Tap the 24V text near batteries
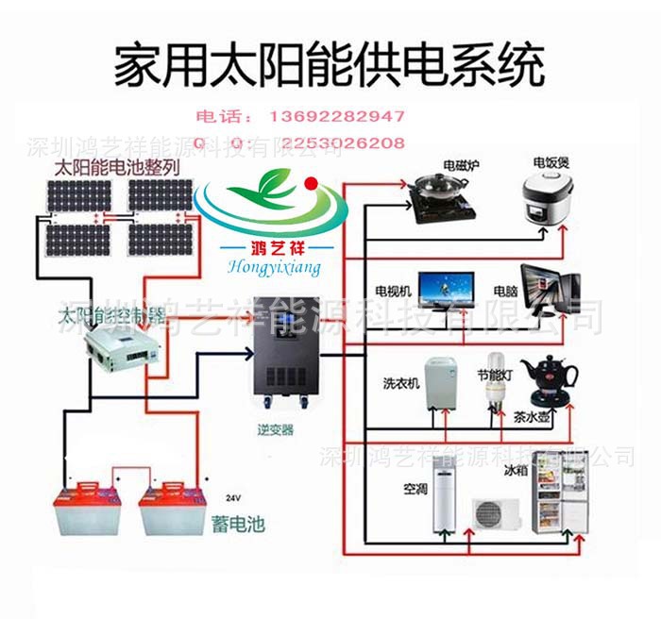click(233, 496)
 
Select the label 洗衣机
click(397, 384)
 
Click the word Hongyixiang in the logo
click(274, 269)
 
